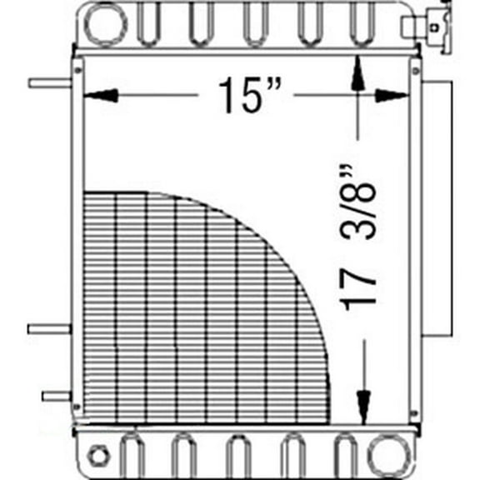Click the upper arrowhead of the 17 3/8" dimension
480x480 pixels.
pyautogui.click(x=358, y=72)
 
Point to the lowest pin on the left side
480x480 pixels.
pyautogui.click(x=57, y=396)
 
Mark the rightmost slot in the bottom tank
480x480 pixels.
pyautogui.click(x=345, y=454)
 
